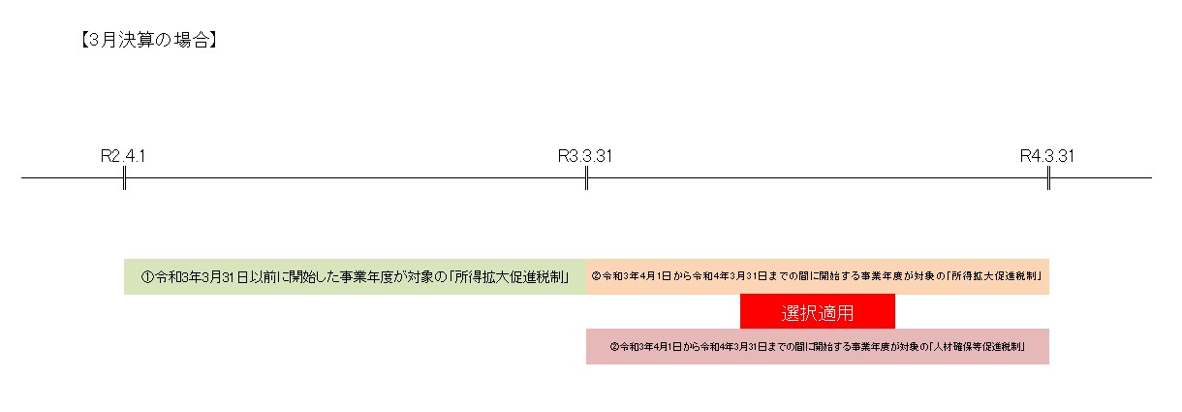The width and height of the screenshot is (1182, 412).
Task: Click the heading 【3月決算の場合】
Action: point(148,40)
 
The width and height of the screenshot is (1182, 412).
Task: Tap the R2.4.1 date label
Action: point(123,156)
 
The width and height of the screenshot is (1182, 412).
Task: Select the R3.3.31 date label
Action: point(585,156)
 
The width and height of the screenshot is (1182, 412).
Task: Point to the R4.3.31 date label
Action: point(1047,156)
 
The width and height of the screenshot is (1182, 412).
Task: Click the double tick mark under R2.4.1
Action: point(124,178)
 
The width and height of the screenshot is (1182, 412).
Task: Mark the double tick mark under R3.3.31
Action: point(586,178)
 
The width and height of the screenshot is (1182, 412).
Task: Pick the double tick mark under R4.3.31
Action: point(1048,178)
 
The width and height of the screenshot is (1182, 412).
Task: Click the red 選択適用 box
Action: point(818,311)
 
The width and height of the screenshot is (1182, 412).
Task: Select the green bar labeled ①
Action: point(356,277)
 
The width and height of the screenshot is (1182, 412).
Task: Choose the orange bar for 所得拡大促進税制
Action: point(818,277)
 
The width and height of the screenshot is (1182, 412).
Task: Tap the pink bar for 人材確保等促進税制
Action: point(818,346)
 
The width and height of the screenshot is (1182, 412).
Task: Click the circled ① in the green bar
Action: point(147,277)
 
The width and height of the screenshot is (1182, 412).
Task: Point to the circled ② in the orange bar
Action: point(596,276)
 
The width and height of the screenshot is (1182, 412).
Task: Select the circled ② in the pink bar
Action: point(614,347)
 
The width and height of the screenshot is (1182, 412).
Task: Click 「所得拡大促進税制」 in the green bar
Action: point(510,277)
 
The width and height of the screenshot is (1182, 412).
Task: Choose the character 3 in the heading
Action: point(94,41)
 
